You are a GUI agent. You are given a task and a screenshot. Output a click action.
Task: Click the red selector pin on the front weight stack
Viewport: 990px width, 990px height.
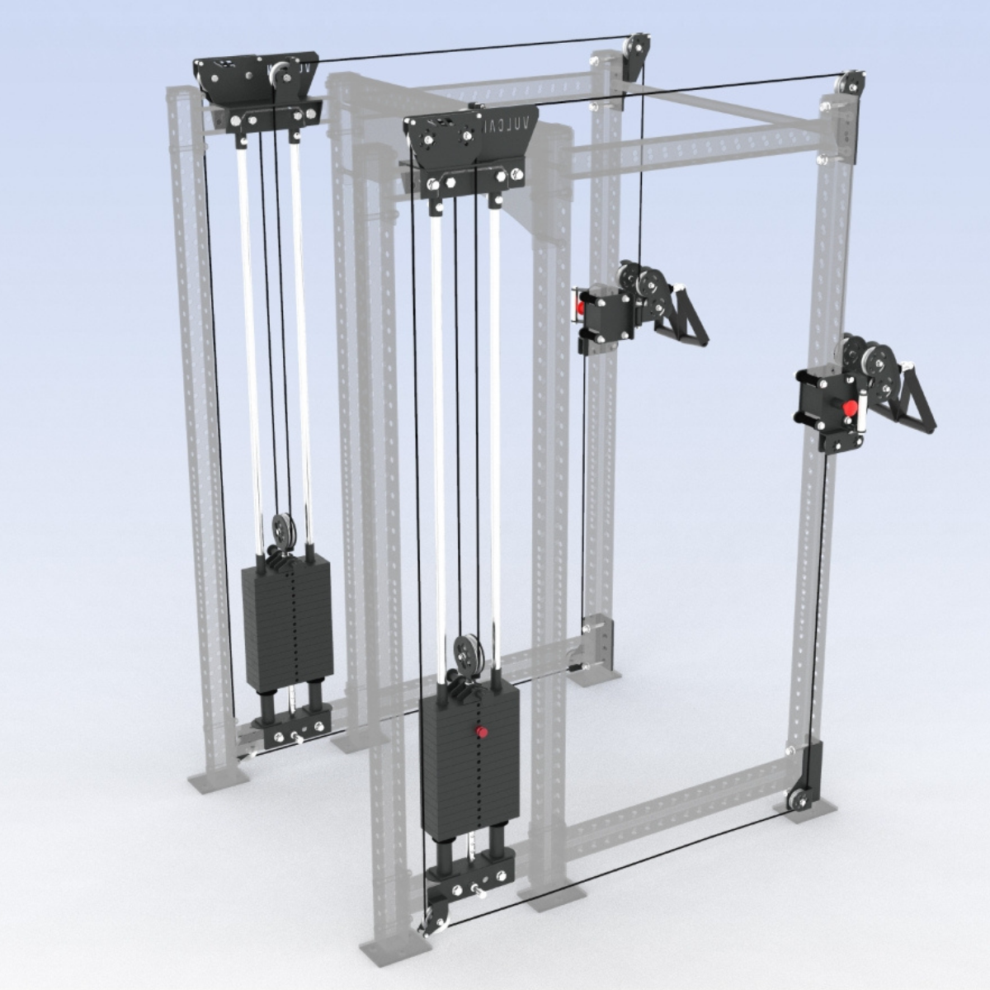click(x=480, y=732)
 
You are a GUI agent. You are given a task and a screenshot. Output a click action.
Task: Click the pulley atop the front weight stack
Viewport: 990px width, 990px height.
click(x=467, y=649)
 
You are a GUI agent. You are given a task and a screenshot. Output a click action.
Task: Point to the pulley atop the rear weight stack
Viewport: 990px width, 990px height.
click(x=280, y=529)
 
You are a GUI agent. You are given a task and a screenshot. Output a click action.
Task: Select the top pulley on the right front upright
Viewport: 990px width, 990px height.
click(x=850, y=83)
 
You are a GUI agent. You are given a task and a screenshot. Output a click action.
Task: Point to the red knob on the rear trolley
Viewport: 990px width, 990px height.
click(x=582, y=307)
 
